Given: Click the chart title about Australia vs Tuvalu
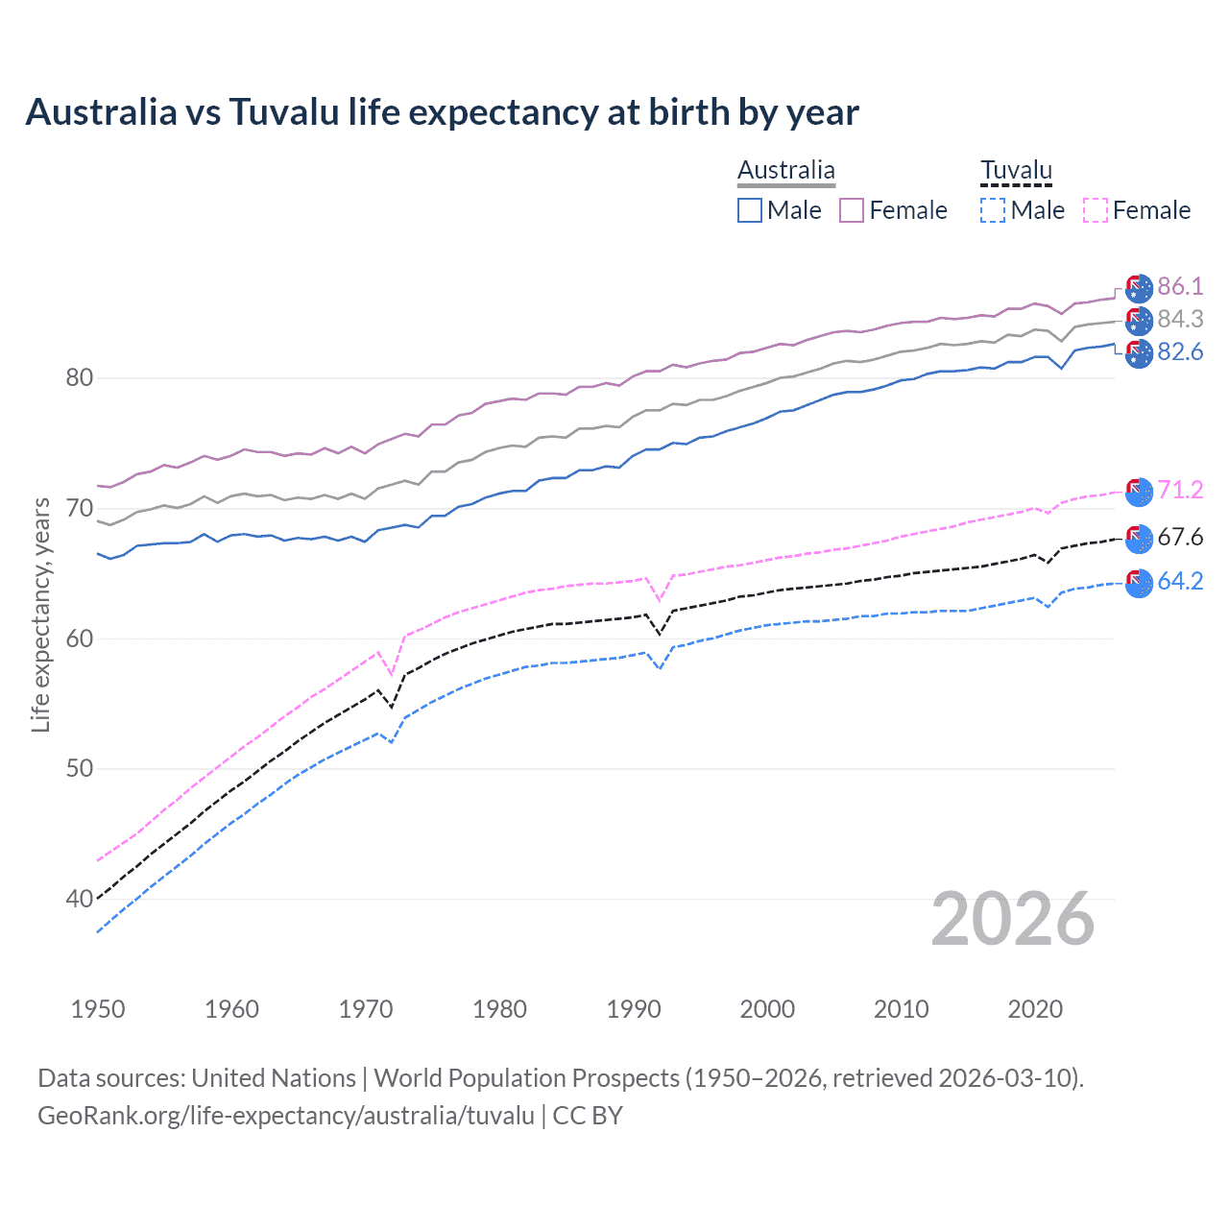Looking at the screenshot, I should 442,112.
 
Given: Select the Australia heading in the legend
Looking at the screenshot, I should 785,170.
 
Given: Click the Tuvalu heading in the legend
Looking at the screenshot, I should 1016,170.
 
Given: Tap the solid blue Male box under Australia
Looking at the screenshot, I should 750,210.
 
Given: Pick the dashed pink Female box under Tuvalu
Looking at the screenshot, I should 1096,210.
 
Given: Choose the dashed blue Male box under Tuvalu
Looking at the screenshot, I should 993,210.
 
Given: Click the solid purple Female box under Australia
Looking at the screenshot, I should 852,210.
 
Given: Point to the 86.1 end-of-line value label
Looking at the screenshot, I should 1180,286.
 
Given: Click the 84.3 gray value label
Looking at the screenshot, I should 1180,319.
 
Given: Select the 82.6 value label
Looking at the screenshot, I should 1180,351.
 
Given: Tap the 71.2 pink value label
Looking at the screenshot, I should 1180,490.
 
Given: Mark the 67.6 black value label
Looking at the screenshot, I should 1180,537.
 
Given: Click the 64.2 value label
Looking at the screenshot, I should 1180,581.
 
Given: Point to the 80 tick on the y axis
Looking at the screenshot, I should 80,377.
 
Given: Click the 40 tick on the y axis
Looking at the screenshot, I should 80,900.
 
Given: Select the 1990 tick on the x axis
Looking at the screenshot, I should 634,1009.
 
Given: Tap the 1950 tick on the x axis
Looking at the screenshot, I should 98,1009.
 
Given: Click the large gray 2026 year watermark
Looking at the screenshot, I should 1012,919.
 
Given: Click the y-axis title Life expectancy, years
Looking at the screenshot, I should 41,614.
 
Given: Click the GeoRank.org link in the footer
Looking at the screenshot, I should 286,1116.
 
